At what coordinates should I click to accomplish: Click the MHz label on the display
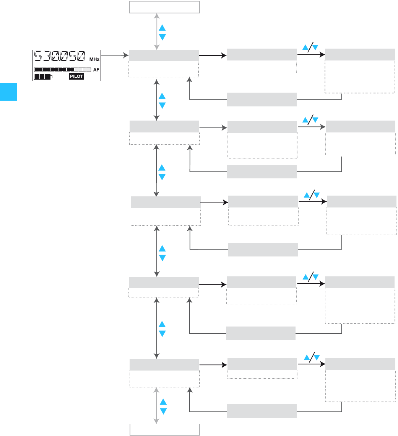[94, 60]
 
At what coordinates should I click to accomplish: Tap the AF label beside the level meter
[96, 70]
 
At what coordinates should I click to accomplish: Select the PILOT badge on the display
[76, 77]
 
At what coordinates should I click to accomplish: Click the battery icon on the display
[43, 77]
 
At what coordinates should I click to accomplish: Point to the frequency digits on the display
[59, 57]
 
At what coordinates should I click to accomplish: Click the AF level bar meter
[62, 70]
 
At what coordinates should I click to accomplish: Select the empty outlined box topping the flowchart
[165, 7]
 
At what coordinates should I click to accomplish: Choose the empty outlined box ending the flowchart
[165, 429]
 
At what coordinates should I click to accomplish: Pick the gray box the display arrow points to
[164, 56]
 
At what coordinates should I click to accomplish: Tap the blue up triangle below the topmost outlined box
[162, 28]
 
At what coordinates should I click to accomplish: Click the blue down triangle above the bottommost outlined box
[163, 411]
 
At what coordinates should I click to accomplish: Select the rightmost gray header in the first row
[360, 55]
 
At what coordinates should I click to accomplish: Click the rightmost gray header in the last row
[360, 364]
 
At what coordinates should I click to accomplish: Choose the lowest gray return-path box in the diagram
[262, 411]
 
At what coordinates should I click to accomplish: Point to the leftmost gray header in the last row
[164, 365]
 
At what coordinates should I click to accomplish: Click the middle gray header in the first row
[262, 55]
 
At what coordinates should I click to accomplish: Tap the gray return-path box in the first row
[262, 99]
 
